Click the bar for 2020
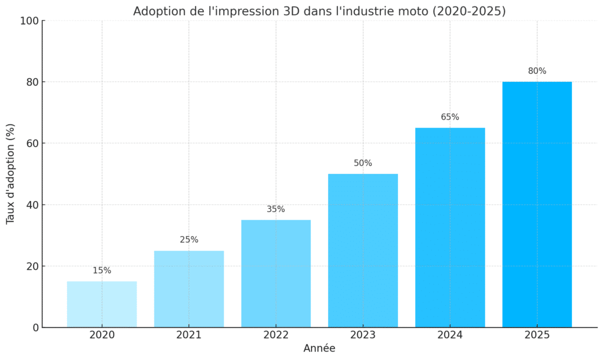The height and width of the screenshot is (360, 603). point(102,304)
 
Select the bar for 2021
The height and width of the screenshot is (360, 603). point(189,289)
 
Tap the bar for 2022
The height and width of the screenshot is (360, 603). point(276,273)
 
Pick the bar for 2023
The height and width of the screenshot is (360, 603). point(363,250)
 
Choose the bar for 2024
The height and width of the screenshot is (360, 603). point(450,227)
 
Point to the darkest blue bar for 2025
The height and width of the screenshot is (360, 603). point(537,204)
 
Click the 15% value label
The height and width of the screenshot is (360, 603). point(102,270)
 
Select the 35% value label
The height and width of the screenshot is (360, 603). point(276,209)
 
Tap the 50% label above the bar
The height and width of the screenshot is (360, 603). point(363,163)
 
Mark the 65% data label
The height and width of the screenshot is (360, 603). point(450,117)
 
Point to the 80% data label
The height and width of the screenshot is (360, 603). point(537,71)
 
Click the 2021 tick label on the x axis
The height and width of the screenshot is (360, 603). point(189,335)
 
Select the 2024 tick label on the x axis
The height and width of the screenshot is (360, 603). point(450,335)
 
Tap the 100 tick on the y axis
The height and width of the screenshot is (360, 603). point(29,21)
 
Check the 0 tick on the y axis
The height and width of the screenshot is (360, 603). point(37,328)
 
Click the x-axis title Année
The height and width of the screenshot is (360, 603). point(319,349)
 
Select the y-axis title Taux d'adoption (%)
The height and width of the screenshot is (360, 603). point(11,174)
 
